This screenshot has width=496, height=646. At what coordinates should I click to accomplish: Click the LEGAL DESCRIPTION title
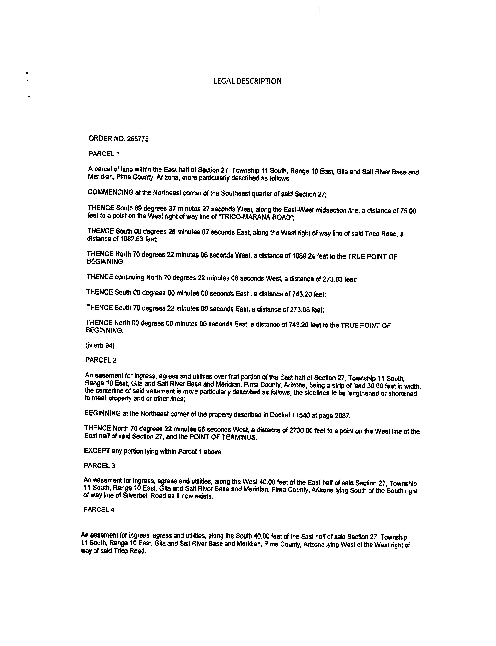coord(247,81)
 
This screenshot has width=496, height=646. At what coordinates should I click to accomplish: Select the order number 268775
coord(138,139)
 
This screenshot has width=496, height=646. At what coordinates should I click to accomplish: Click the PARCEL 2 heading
coord(101,360)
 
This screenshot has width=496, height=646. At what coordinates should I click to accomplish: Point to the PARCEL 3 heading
coord(100,466)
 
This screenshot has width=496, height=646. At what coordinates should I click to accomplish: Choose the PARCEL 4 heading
coord(99,510)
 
